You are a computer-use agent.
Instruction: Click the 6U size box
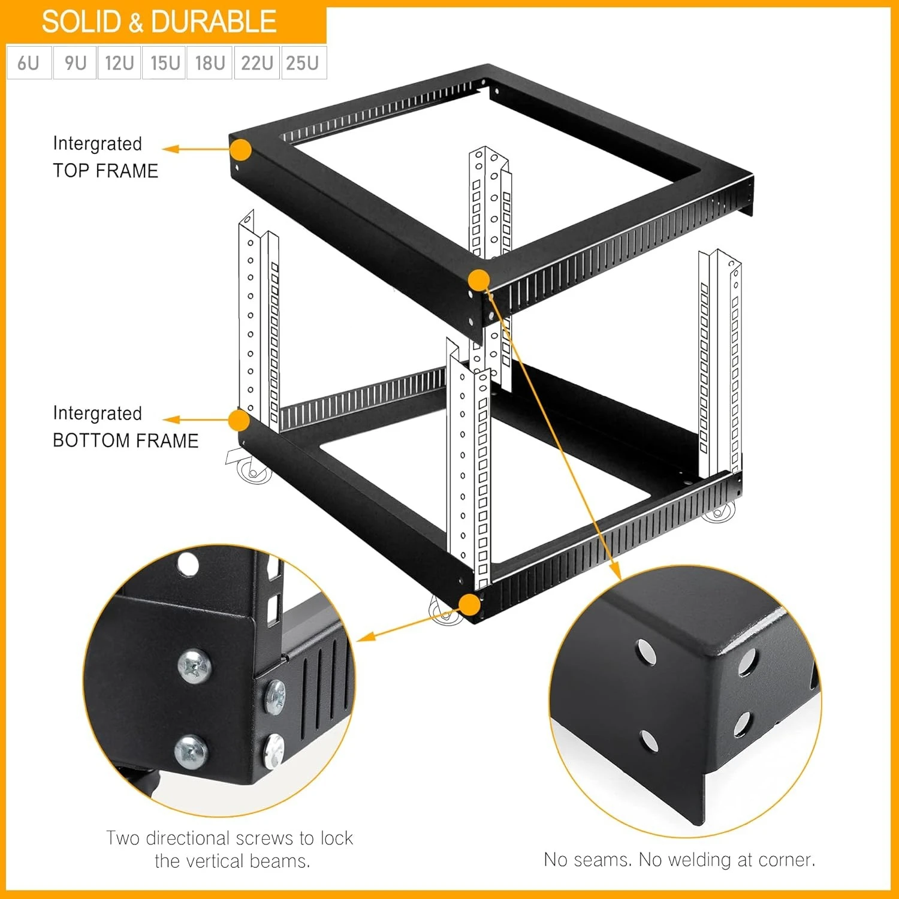click(x=29, y=62)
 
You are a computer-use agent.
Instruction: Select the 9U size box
click(x=75, y=62)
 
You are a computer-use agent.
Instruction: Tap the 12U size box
click(x=119, y=62)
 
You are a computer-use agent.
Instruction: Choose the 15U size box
click(x=165, y=62)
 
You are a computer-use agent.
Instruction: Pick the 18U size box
click(x=210, y=62)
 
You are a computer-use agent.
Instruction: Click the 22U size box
click(x=257, y=62)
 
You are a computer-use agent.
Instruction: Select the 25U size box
click(x=303, y=62)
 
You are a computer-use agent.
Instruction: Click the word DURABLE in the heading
click(x=213, y=22)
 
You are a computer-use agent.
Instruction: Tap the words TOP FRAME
click(x=105, y=171)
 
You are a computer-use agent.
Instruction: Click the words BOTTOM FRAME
click(x=125, y=441)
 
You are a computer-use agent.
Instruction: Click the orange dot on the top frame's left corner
click(x=240, y=150)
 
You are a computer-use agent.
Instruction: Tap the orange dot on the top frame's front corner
click(x=478, y=280)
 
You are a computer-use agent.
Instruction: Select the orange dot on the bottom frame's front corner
click(x=470, y=605)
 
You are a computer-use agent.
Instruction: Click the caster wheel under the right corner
click(x=718, y=512)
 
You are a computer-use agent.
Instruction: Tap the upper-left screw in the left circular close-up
click(x=195, y=666)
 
